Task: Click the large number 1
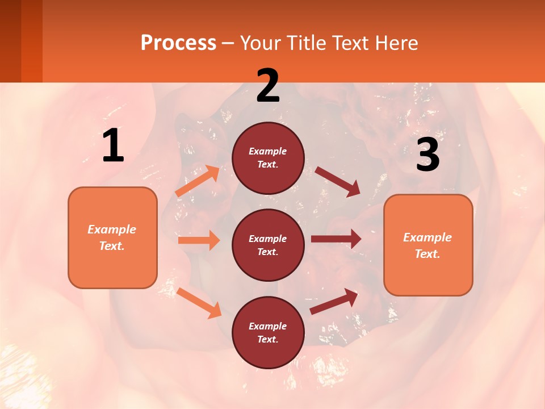(113, 146)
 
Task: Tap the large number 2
(268, 86)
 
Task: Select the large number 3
(427, 155)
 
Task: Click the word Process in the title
(178, 43)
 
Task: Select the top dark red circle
(268, 158)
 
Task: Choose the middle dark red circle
(268, 245)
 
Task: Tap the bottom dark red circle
(268, 332)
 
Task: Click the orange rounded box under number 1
(112, 237)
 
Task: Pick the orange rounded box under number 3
(428, 245)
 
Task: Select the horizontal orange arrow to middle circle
(199, 240)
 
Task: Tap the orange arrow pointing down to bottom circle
(199, 303)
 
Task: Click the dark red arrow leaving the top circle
(337, 181)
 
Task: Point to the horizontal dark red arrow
(336, 239)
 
